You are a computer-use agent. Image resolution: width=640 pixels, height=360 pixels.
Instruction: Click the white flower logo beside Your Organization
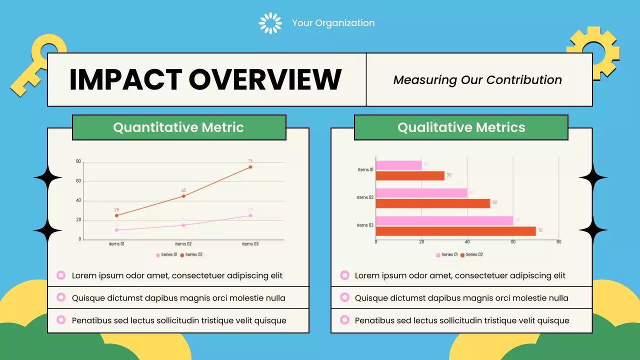coord(270,23)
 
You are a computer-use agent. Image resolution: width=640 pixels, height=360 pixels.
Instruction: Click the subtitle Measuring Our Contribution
coord(477,80)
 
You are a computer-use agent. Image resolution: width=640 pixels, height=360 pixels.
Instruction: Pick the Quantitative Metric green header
coord(178,127)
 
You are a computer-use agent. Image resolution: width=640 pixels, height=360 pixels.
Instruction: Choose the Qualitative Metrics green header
coord(461,127)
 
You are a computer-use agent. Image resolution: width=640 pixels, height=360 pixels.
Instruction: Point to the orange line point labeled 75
coord(250,167)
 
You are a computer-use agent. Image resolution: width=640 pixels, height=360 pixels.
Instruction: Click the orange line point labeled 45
coord(183,196)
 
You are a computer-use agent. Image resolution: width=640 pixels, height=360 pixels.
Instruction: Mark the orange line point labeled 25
coord(116,215)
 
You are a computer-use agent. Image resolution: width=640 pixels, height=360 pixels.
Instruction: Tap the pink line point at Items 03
coord(250,215)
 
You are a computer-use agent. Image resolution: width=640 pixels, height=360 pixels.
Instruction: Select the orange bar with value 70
coord(455,231)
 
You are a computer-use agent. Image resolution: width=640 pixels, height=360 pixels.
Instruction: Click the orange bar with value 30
coord(410,175)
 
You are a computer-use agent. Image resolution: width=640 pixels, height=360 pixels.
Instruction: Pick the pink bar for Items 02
coord(421,193)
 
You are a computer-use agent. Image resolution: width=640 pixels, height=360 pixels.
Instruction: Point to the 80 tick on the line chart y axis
coord(78,161)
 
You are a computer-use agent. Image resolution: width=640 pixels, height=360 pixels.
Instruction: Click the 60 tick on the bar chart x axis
coord(513,242)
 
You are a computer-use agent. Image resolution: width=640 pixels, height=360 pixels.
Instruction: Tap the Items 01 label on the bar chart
coord(365,170)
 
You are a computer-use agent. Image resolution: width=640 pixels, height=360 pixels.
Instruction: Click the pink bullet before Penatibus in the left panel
coord(61,320)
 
